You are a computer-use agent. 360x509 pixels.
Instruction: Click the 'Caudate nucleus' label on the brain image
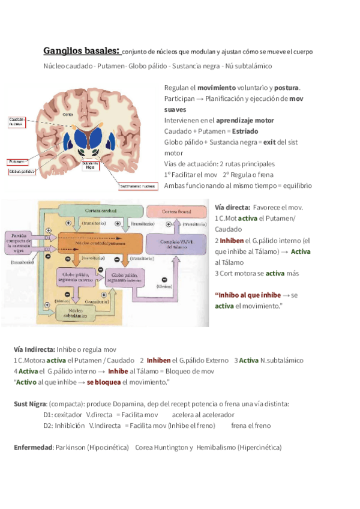16,122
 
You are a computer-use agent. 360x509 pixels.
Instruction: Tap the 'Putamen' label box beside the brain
17,161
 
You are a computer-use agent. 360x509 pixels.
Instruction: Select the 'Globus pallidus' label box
20,171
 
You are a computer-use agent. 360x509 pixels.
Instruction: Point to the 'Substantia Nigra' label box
90,165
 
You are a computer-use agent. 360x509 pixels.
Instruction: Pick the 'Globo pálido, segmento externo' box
75,277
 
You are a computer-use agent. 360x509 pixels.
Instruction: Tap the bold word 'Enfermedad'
33,447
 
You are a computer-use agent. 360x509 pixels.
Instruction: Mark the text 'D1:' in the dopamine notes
49,415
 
